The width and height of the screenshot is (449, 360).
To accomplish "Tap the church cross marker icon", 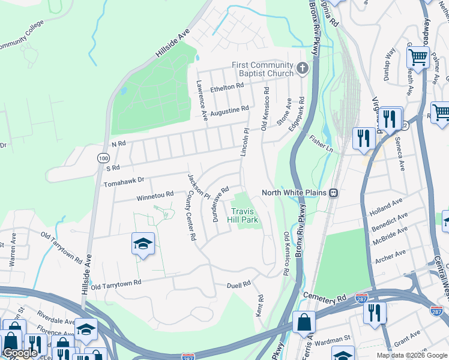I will [302, 68].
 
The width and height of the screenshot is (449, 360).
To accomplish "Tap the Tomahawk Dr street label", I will [124, 180].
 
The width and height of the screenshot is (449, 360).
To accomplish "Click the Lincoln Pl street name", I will [245, 142].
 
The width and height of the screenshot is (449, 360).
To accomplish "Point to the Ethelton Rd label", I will [226, 88].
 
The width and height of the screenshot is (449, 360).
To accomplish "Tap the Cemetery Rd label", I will [326, 297].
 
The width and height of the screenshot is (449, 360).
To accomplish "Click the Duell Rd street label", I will [238, 286].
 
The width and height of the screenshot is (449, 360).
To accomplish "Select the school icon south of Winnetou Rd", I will [143, 244].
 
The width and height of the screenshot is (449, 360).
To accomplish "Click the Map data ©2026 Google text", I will [411, 355].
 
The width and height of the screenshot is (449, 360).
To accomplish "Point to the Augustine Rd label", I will [229, 110].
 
